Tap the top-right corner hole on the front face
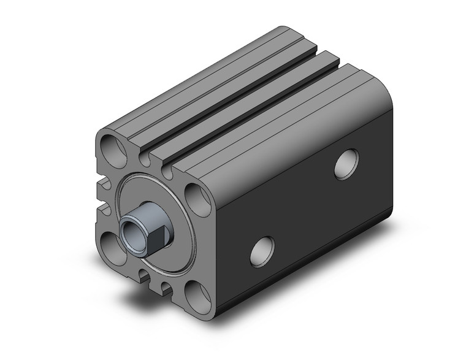(x=196, y=197)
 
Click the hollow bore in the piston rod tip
(x=132, y=231)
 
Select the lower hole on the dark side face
(x=262, y=250)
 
